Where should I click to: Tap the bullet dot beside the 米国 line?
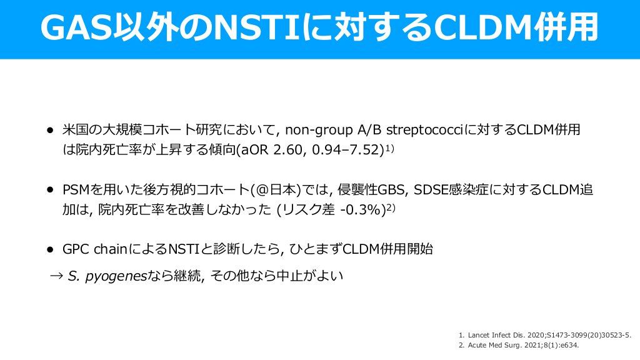(x=50, y=130)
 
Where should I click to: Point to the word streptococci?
(x=425, y=130)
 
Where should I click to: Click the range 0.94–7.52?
(x=347, y=150)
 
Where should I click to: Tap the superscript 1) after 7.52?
(x=390, y=149)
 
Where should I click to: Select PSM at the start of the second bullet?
(x=76, y=190)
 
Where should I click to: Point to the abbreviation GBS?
(x=391, y=190)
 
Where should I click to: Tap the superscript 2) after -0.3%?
(x=391, y=208)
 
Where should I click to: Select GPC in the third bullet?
(x=76, y=249)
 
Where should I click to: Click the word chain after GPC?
(x=111, y=249)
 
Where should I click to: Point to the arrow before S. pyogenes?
(x=56, y=276)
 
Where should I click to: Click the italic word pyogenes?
(x=116, y=277)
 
